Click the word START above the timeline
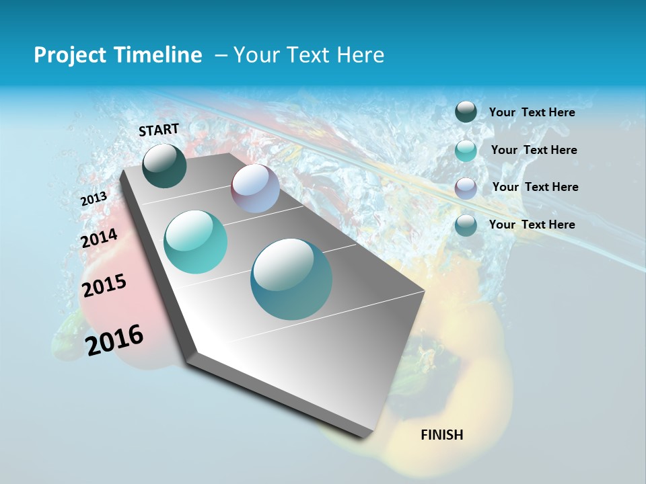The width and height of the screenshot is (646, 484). (159, 129)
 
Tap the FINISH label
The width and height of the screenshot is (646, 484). (442, 435)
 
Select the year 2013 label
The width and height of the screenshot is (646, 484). (94, 199)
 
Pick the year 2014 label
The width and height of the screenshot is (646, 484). (100, 239)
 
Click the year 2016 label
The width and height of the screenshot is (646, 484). (114, 340)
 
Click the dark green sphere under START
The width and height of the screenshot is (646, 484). (164, 165)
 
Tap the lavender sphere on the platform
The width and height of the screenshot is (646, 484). (255, 188)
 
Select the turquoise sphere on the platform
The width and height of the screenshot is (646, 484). (196, 242)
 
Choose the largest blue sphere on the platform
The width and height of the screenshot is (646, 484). (291, 279)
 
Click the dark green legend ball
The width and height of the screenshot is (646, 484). (466, 112)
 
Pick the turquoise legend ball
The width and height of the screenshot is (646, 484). (466, 151)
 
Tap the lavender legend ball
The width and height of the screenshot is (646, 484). (466, 188)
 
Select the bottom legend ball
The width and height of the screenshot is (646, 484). (466, 225)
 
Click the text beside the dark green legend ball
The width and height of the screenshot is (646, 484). (532, 112)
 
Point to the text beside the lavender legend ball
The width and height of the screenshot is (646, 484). (535, 187)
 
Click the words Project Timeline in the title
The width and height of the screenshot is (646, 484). (118, 55)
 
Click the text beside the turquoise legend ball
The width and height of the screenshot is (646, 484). (534, 150)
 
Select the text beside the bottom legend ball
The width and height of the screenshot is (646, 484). (532, 225)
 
